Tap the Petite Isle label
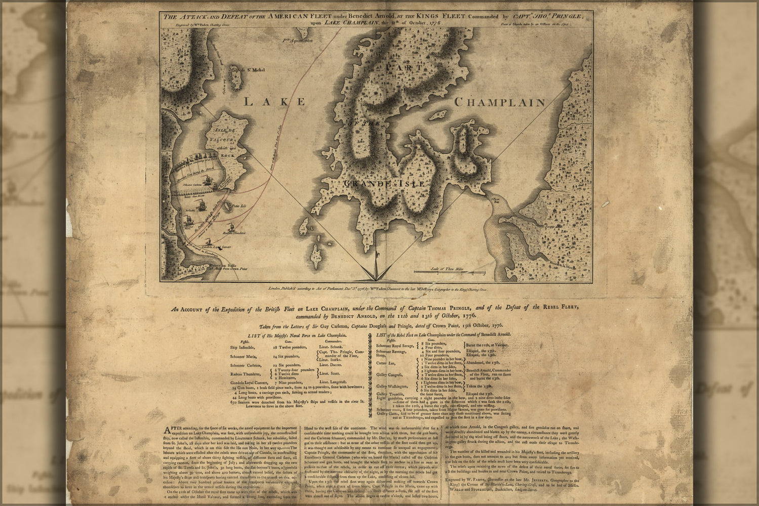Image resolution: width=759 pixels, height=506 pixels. point(238,206)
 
